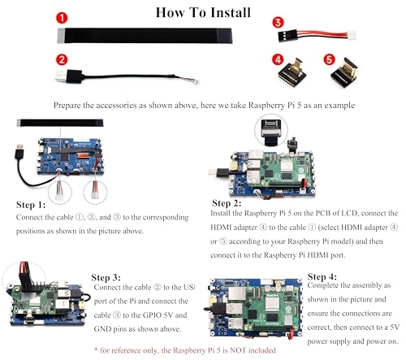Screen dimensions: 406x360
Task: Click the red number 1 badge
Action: click(x=62, y=18)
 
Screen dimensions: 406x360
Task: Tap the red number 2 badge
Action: click(x=62, y=59)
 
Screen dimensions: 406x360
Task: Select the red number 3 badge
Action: click(x=278, y=23)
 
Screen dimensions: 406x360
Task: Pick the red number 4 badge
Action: click(x=278, y=59)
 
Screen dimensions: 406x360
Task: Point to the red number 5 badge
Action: click(x=329, y=59)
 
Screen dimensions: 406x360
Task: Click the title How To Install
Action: click(x=203, y=12)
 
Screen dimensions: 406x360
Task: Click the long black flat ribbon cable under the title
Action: click(x=145, y=36)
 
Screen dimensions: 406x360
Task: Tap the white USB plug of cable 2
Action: click(x=61, y=76)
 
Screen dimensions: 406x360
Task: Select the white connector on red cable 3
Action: click(x=352, y=36)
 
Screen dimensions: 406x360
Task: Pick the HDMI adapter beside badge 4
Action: click(x=292, y=72)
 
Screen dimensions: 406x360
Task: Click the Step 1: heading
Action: click(x=31, y=205)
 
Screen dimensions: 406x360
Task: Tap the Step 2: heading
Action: click(x=227, y=203)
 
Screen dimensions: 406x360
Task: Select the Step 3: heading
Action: click(x=106, y=278)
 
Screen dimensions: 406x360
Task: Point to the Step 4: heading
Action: click(x=322, y=277)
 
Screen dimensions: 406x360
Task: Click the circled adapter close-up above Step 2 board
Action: click(x=271, y=131)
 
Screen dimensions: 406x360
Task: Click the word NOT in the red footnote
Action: click(x=238, y=350)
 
